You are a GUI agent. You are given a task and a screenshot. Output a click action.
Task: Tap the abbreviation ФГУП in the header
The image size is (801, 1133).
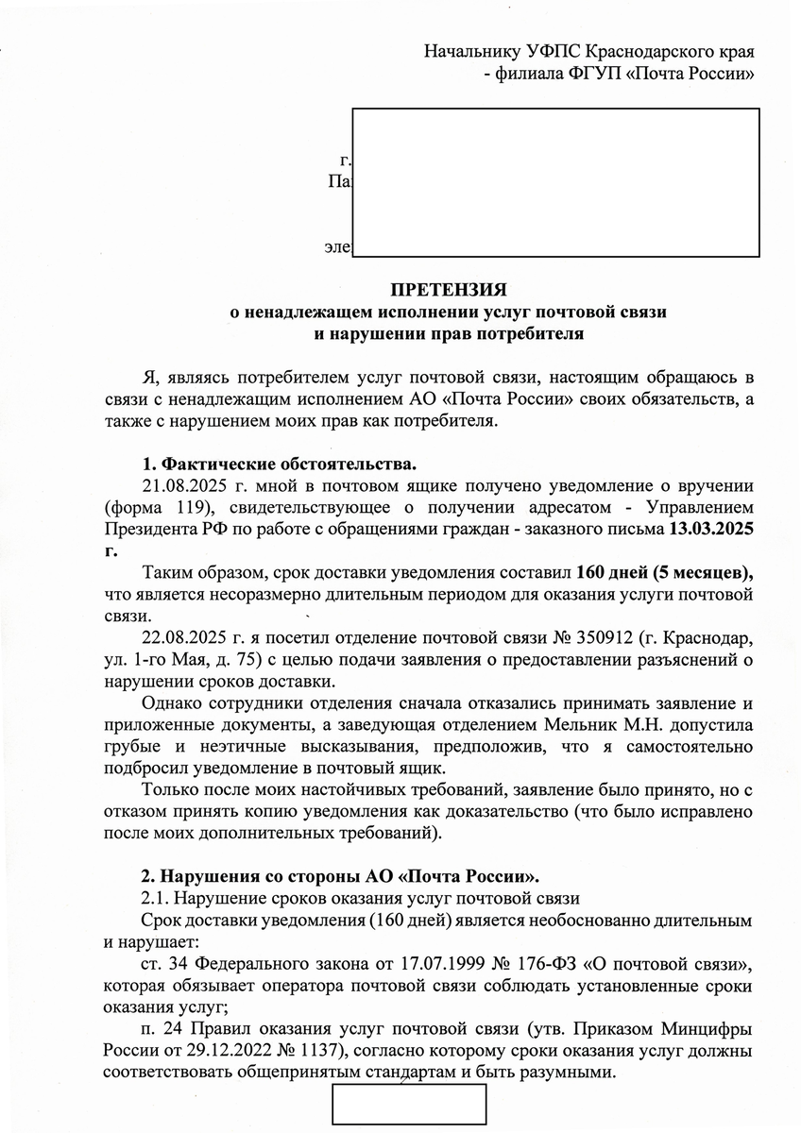coord(589,74)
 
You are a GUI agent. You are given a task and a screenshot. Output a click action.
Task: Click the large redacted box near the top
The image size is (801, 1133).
coord(555,182)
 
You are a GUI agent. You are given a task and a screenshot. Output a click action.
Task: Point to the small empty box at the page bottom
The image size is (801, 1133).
coord(408,1107)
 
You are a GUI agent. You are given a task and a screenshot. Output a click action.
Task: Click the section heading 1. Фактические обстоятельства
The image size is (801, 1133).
coord(278,465)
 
